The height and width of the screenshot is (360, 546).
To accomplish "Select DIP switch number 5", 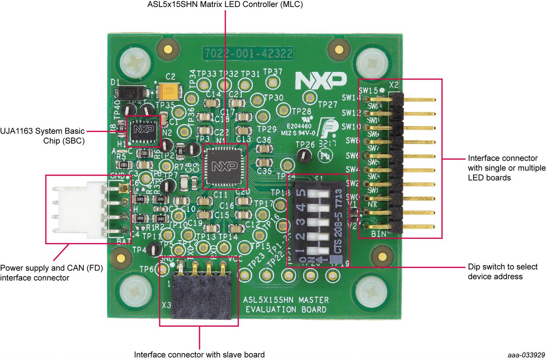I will [x=322, y=193].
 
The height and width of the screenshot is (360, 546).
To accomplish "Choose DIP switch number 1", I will [x=322, y=252].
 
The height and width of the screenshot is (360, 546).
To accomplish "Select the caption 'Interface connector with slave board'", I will [x=199, y=354].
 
